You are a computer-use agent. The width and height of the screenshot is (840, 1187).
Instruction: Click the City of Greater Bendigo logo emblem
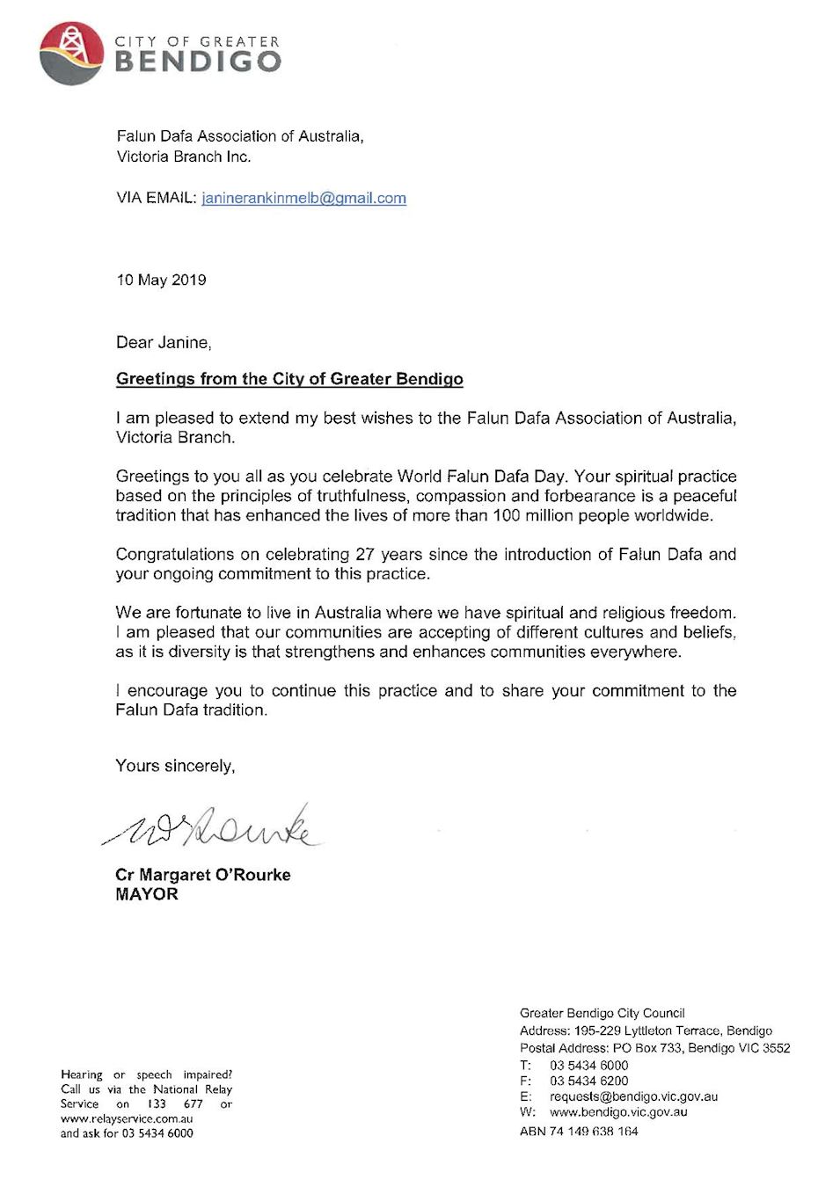(72, 53)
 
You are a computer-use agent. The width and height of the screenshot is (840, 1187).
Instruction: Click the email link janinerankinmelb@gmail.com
(303, 198)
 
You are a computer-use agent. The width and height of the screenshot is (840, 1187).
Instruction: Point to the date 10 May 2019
(161, 280)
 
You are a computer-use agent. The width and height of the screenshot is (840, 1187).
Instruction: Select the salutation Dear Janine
(164, 342)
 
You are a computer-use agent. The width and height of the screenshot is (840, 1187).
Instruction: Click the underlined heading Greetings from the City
(289, 379)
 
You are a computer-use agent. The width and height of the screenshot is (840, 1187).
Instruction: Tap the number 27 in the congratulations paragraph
(365, 554)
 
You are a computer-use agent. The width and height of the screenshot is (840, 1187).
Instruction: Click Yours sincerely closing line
(175, 766)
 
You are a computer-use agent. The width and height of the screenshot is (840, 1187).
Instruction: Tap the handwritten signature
(211, 827)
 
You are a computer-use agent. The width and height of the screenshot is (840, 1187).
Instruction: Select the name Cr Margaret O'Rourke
(202, 875)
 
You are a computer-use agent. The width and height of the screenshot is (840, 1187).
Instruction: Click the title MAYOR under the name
(147, 894)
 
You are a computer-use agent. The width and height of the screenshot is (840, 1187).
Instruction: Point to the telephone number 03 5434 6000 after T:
(589, 1065)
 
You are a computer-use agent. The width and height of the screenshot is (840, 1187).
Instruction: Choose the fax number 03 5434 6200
(589, 1081)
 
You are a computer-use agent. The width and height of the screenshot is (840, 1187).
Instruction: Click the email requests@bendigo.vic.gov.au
(633, 1096)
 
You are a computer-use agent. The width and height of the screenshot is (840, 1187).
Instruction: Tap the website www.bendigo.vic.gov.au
(618, 1112)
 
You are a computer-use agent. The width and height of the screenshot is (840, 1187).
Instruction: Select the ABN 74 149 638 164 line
(579, 1132)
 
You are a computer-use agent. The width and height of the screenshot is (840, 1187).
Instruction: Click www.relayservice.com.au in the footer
(127, 1118)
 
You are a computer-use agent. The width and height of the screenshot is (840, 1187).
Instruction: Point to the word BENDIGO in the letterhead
(199, 61)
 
